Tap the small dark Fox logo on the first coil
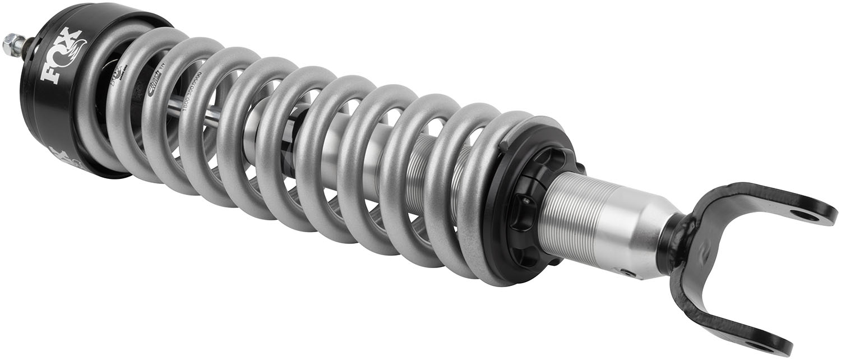pos(119,73)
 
